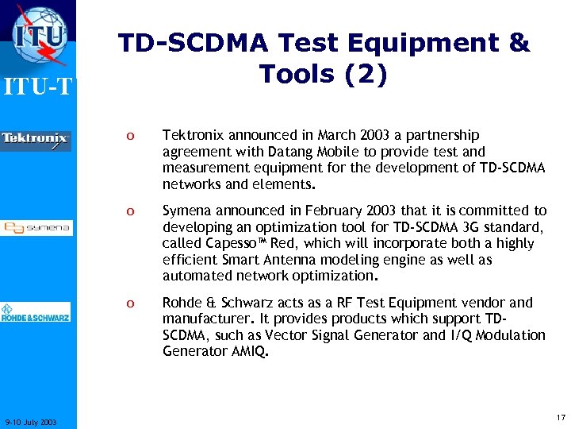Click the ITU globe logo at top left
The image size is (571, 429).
coord(39,36)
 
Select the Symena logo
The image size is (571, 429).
coord(36,228)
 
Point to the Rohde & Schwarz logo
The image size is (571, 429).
coord(36,313)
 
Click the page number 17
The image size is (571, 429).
coord(561,417)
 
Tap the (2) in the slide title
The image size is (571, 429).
coord(364,74)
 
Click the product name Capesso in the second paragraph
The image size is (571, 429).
coord(231,243)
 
